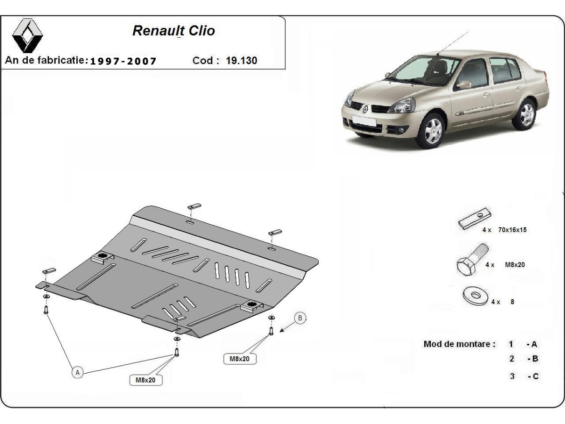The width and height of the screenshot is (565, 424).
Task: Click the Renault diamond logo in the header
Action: pyautogui.click(x=27, y=35)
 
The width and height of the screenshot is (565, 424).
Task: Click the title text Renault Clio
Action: pyautogui.click(x=174, y=31)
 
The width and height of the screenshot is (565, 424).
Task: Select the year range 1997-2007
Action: pyautogui.click(x=123, y=61)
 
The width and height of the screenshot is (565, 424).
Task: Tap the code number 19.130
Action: pyautogui.click(x=242, y=60)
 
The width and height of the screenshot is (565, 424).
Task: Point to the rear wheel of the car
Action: pyautogui.click(x=525, y=114)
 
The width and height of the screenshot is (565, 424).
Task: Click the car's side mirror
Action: pyautogui.click(x=464, y=85)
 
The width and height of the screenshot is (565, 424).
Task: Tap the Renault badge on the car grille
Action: pyautogui.click(x=365, y=109)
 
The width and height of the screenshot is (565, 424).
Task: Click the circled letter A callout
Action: pyautogui.click(x=78, y=372)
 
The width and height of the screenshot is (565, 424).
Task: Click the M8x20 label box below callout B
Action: pyautogui.click(x=240, y=359)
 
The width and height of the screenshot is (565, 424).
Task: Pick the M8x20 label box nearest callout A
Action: pyautogui.click(x=145, y=379)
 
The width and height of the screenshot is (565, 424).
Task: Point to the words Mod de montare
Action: pyautogui.click(x=460, y=344)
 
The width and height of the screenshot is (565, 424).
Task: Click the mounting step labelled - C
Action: pyautogui.click(x=533, y=376)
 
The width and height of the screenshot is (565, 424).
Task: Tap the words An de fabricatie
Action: pyautogui.click(x=46, y=60)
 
